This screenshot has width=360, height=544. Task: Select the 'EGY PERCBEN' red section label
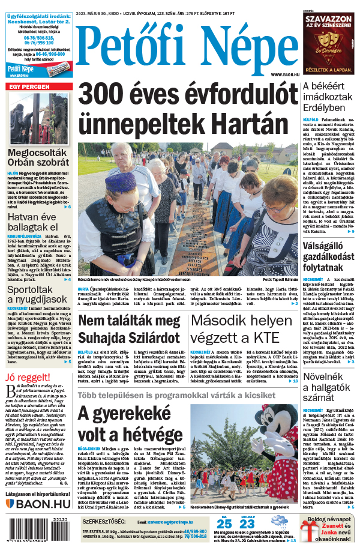(28, 87)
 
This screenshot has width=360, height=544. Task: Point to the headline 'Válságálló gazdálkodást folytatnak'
(329, 255)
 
